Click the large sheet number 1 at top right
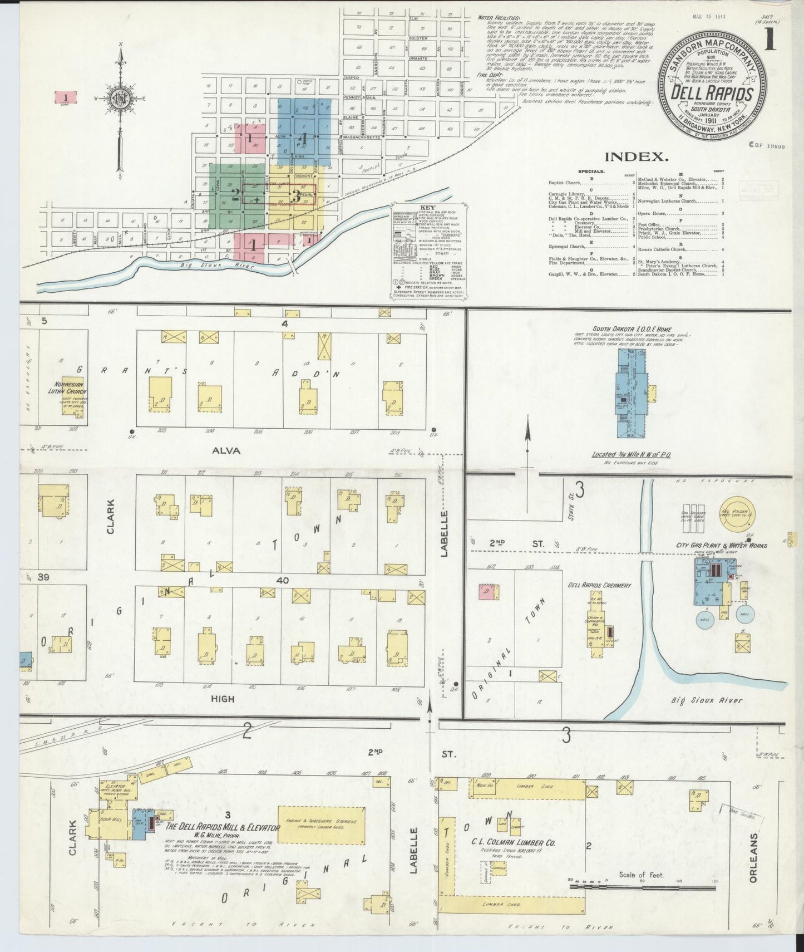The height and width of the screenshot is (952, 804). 770,41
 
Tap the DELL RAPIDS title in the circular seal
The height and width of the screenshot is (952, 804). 712,94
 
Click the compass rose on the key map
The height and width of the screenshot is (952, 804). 119,100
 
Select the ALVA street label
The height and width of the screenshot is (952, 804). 226,450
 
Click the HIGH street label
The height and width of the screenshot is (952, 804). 223,699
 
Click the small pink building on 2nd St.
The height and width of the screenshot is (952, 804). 487,592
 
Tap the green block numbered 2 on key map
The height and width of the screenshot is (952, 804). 236,195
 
